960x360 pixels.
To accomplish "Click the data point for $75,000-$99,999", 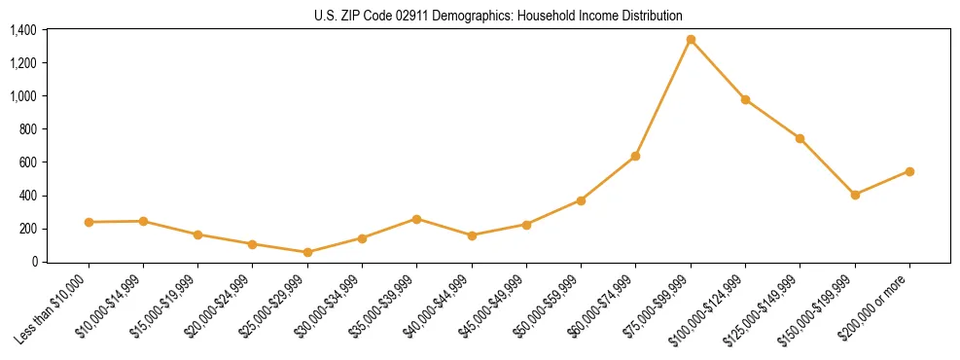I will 691,40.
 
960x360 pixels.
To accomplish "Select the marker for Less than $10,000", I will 89,222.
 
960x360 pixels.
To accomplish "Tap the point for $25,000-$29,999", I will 307,252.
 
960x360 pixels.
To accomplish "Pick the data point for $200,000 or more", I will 909,171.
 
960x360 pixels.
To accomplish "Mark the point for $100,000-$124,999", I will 745,99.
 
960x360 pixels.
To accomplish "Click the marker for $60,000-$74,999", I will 636,156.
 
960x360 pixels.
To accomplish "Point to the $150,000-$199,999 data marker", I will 855,195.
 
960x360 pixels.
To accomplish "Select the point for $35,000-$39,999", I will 417,219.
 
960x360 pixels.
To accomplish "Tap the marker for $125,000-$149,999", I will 800,138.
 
